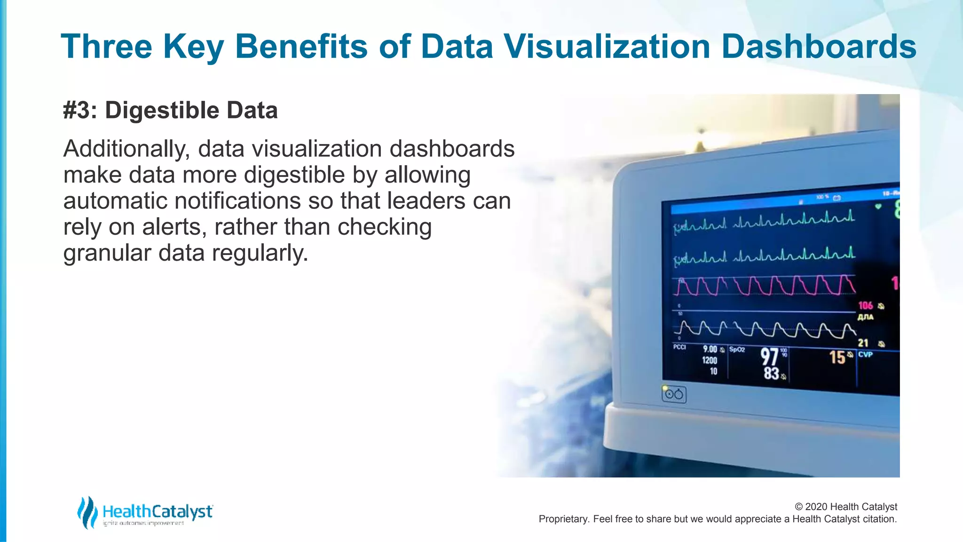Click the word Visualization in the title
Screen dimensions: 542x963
pyautogui.click(x=607, y=47)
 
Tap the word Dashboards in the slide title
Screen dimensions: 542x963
pyautogui.click(x=818, y=47)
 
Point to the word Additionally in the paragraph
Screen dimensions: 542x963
pyautogui.click(x=126, y=149)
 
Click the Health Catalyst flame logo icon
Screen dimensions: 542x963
pyautogui.click(x=87, y=512)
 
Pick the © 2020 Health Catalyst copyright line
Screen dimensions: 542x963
pyautogui.click(x=845, y=507)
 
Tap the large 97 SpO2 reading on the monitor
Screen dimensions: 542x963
pyautogui.click(x=769, y=357)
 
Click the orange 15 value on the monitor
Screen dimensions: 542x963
pyautogui.click(x=837, y=358)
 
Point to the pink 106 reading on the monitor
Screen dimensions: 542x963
pyautogui.click(x=865, y=305)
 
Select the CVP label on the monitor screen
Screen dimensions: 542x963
pyautogui.click(x=865, y=355)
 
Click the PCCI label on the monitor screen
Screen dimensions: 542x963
pyautogui.click(x=679, y=347)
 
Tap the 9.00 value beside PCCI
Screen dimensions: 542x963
pyautogui.click(x=710, y=349)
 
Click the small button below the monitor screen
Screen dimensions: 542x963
pyautogui.click(x=674, y=394)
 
